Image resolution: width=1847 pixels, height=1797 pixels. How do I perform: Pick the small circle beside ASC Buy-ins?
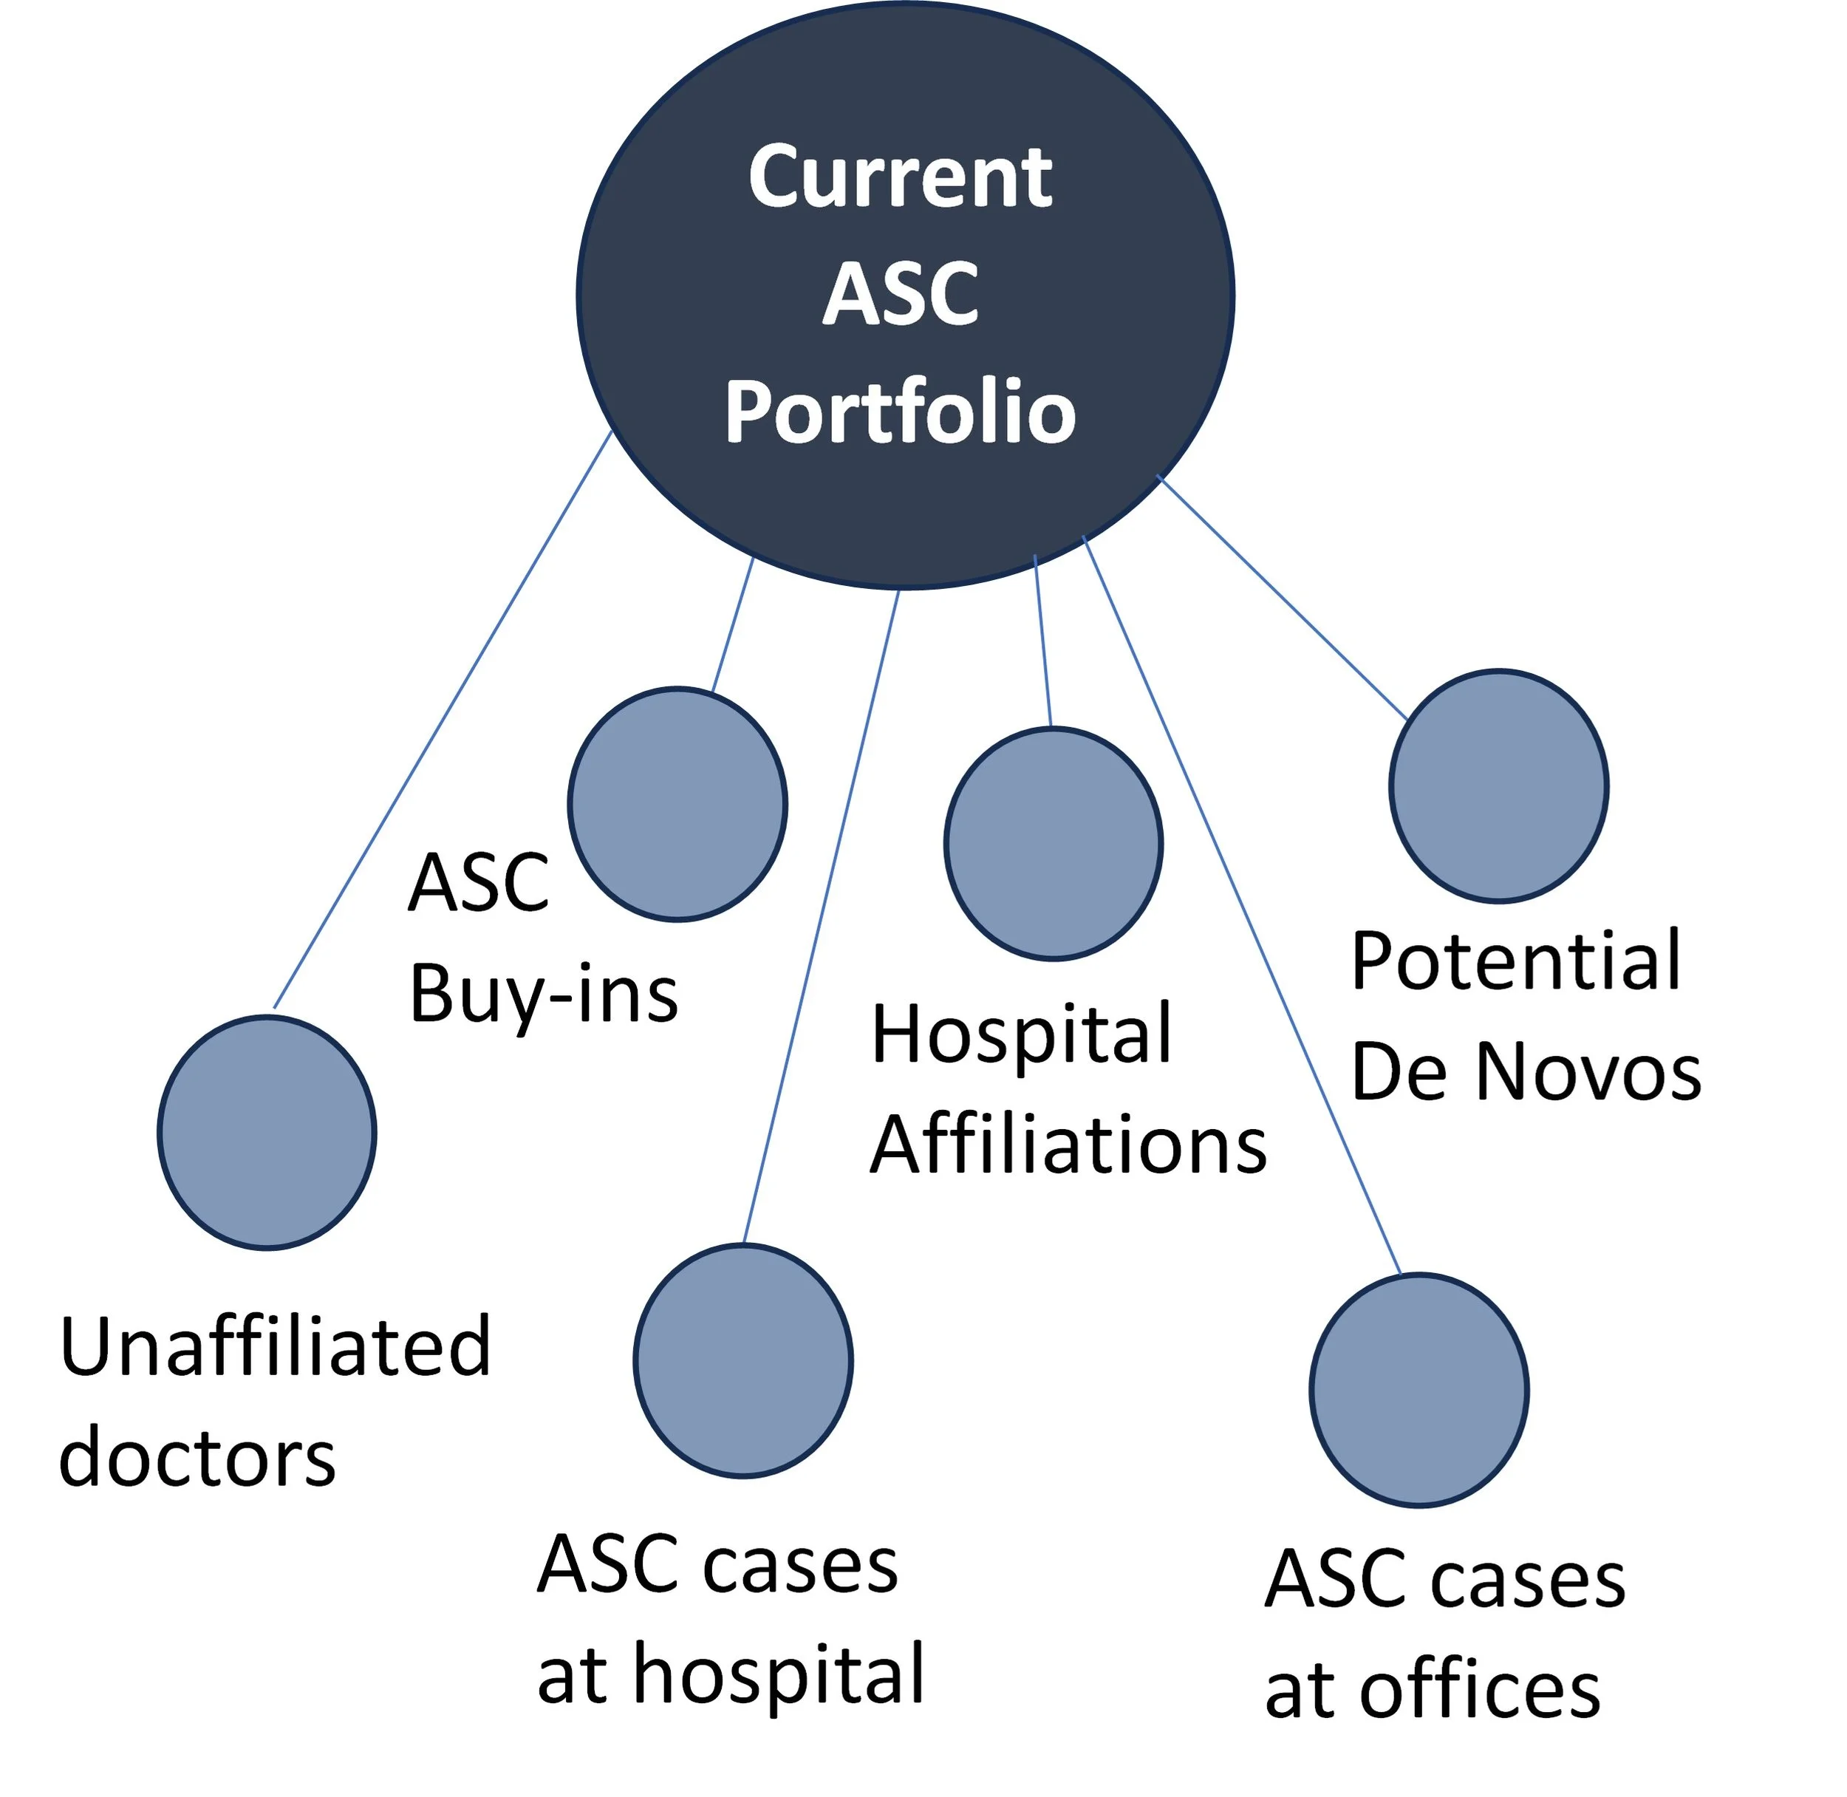coord(677,803)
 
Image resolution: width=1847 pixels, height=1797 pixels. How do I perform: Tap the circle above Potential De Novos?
coord(1499,785)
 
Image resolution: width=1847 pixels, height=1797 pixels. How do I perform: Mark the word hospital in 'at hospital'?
coord(779,1674)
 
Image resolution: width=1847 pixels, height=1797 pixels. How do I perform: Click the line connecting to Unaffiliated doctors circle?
coord(442,719)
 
